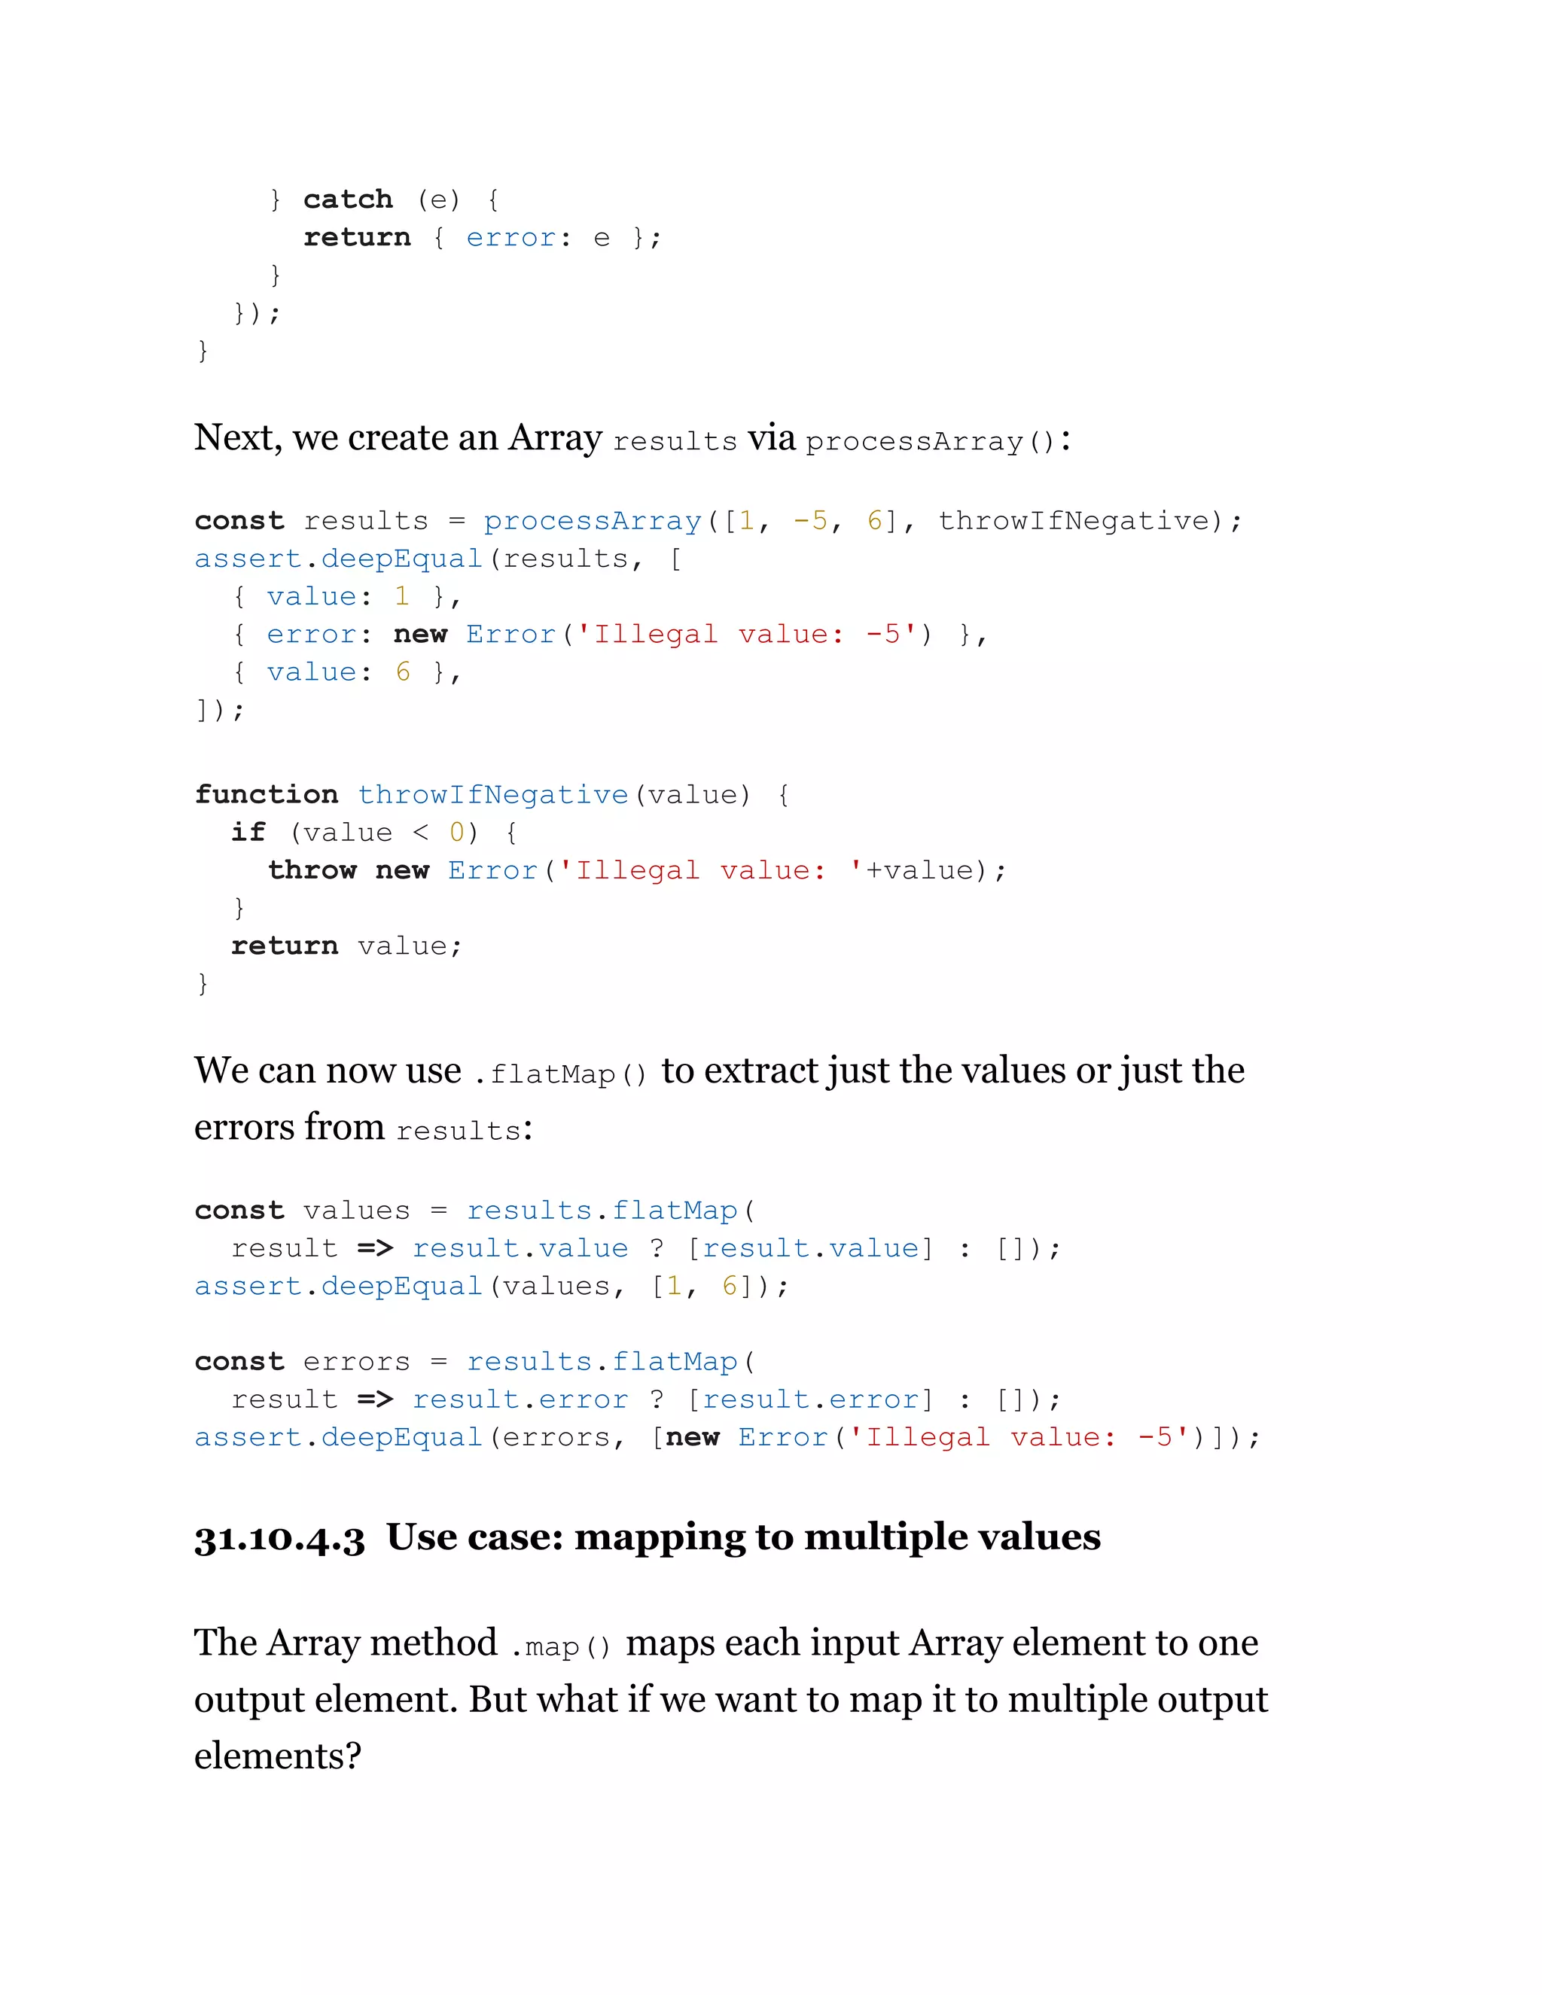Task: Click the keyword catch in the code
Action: (347, 200)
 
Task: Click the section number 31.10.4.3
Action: (279, 1538)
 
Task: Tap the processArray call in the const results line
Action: (592, 521)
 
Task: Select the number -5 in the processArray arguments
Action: (810, 521)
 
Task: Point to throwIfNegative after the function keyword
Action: (492, 795)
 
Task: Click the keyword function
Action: (266, 795)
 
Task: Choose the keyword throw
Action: (312, 870)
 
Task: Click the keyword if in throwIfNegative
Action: (248, 832)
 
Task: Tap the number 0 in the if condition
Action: (457, 832)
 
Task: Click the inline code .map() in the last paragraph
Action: (560, 1646)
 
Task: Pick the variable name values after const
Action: (356, 1211)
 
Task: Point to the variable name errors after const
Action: (356, 1362)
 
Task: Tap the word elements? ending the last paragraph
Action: (278, 1756)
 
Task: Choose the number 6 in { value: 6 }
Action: (403, 672)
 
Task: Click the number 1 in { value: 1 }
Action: (401, 596)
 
